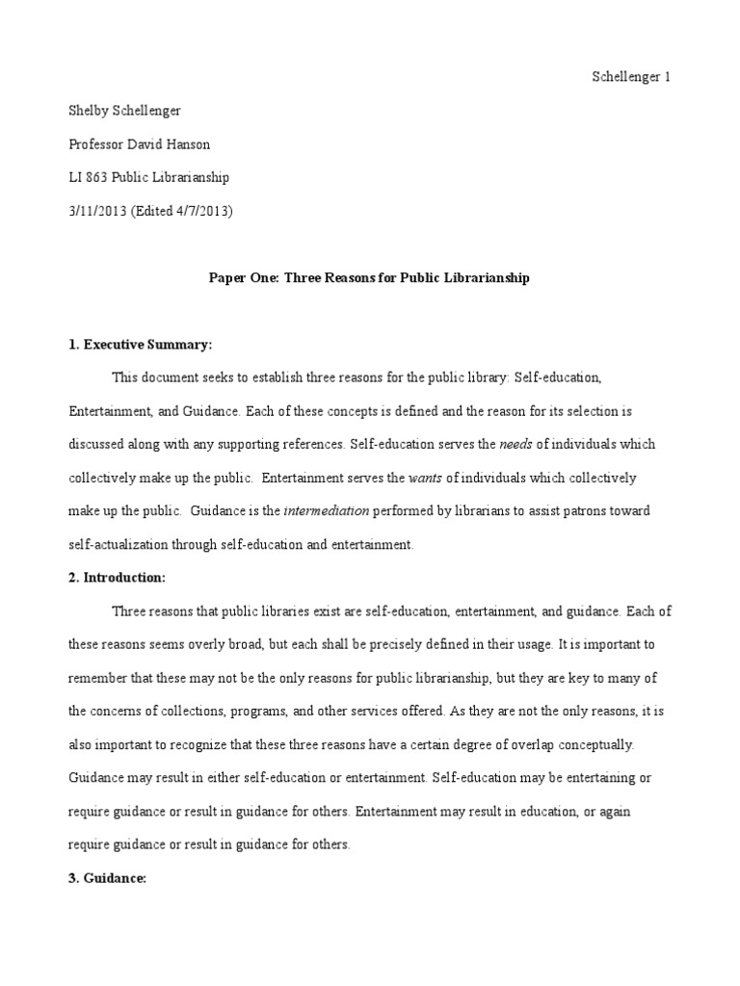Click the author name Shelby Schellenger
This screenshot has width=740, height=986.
click(x=124, y=111)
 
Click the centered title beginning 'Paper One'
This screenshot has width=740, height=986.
click(x=370, y=278)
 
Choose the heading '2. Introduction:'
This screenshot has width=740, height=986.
click(x=118, y=578)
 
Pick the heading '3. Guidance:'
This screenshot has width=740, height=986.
click(x=107, y=878)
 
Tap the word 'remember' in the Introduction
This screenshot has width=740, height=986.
click(x=97, y=677)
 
